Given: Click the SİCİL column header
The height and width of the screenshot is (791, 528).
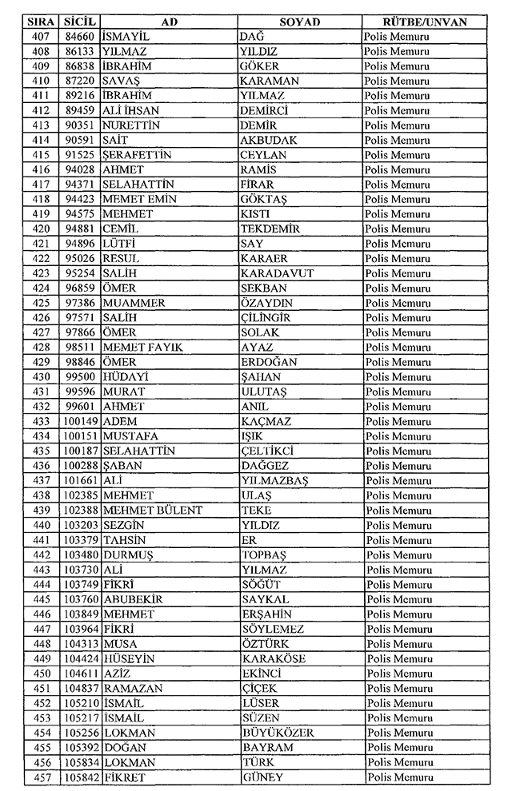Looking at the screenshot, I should [x=79, y=22].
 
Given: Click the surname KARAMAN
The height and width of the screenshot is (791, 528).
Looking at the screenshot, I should [x=270, y=81].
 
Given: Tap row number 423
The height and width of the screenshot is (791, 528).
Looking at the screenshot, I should [x=40, y=273].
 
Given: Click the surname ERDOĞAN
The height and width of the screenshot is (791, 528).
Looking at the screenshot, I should [x=269, y=362].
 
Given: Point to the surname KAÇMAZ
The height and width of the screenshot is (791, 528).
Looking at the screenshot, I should [x=266, y=421].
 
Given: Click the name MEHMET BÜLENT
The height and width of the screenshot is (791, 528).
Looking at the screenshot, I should [x=153, y=510].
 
